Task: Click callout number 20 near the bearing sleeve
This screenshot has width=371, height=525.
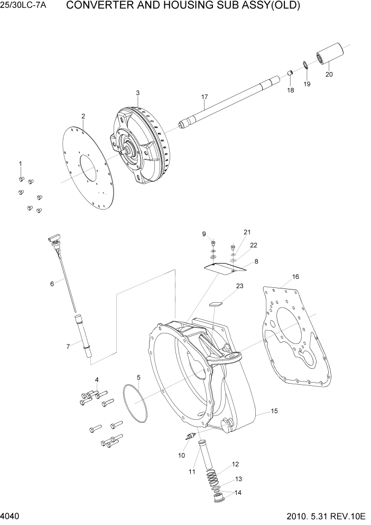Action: click(x=329, y=74)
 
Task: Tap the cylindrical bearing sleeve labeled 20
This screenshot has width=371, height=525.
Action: click(x=330, y=54)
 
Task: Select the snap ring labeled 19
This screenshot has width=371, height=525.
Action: click(x=306, y=66)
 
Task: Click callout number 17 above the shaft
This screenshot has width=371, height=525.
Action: click(x=205, y=97)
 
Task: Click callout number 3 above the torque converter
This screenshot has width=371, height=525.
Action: click(x=137, y=93)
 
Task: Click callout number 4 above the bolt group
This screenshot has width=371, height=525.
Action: click(x=97, y=379)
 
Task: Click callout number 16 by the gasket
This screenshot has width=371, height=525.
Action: click(x=295, y=277)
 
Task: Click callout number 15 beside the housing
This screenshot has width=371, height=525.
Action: click(x=274, y=411)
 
